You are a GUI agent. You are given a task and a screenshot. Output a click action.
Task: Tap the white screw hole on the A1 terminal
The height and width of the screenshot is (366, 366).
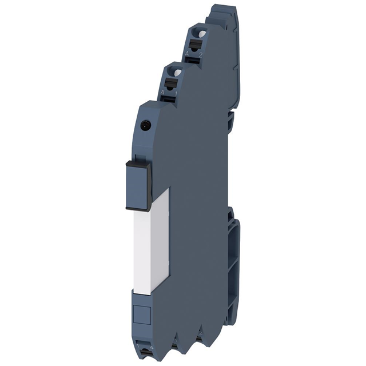177,72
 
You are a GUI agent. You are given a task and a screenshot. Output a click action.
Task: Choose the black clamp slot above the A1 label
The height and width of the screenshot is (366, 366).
170,83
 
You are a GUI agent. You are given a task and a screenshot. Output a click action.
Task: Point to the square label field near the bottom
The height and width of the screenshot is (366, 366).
140,315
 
